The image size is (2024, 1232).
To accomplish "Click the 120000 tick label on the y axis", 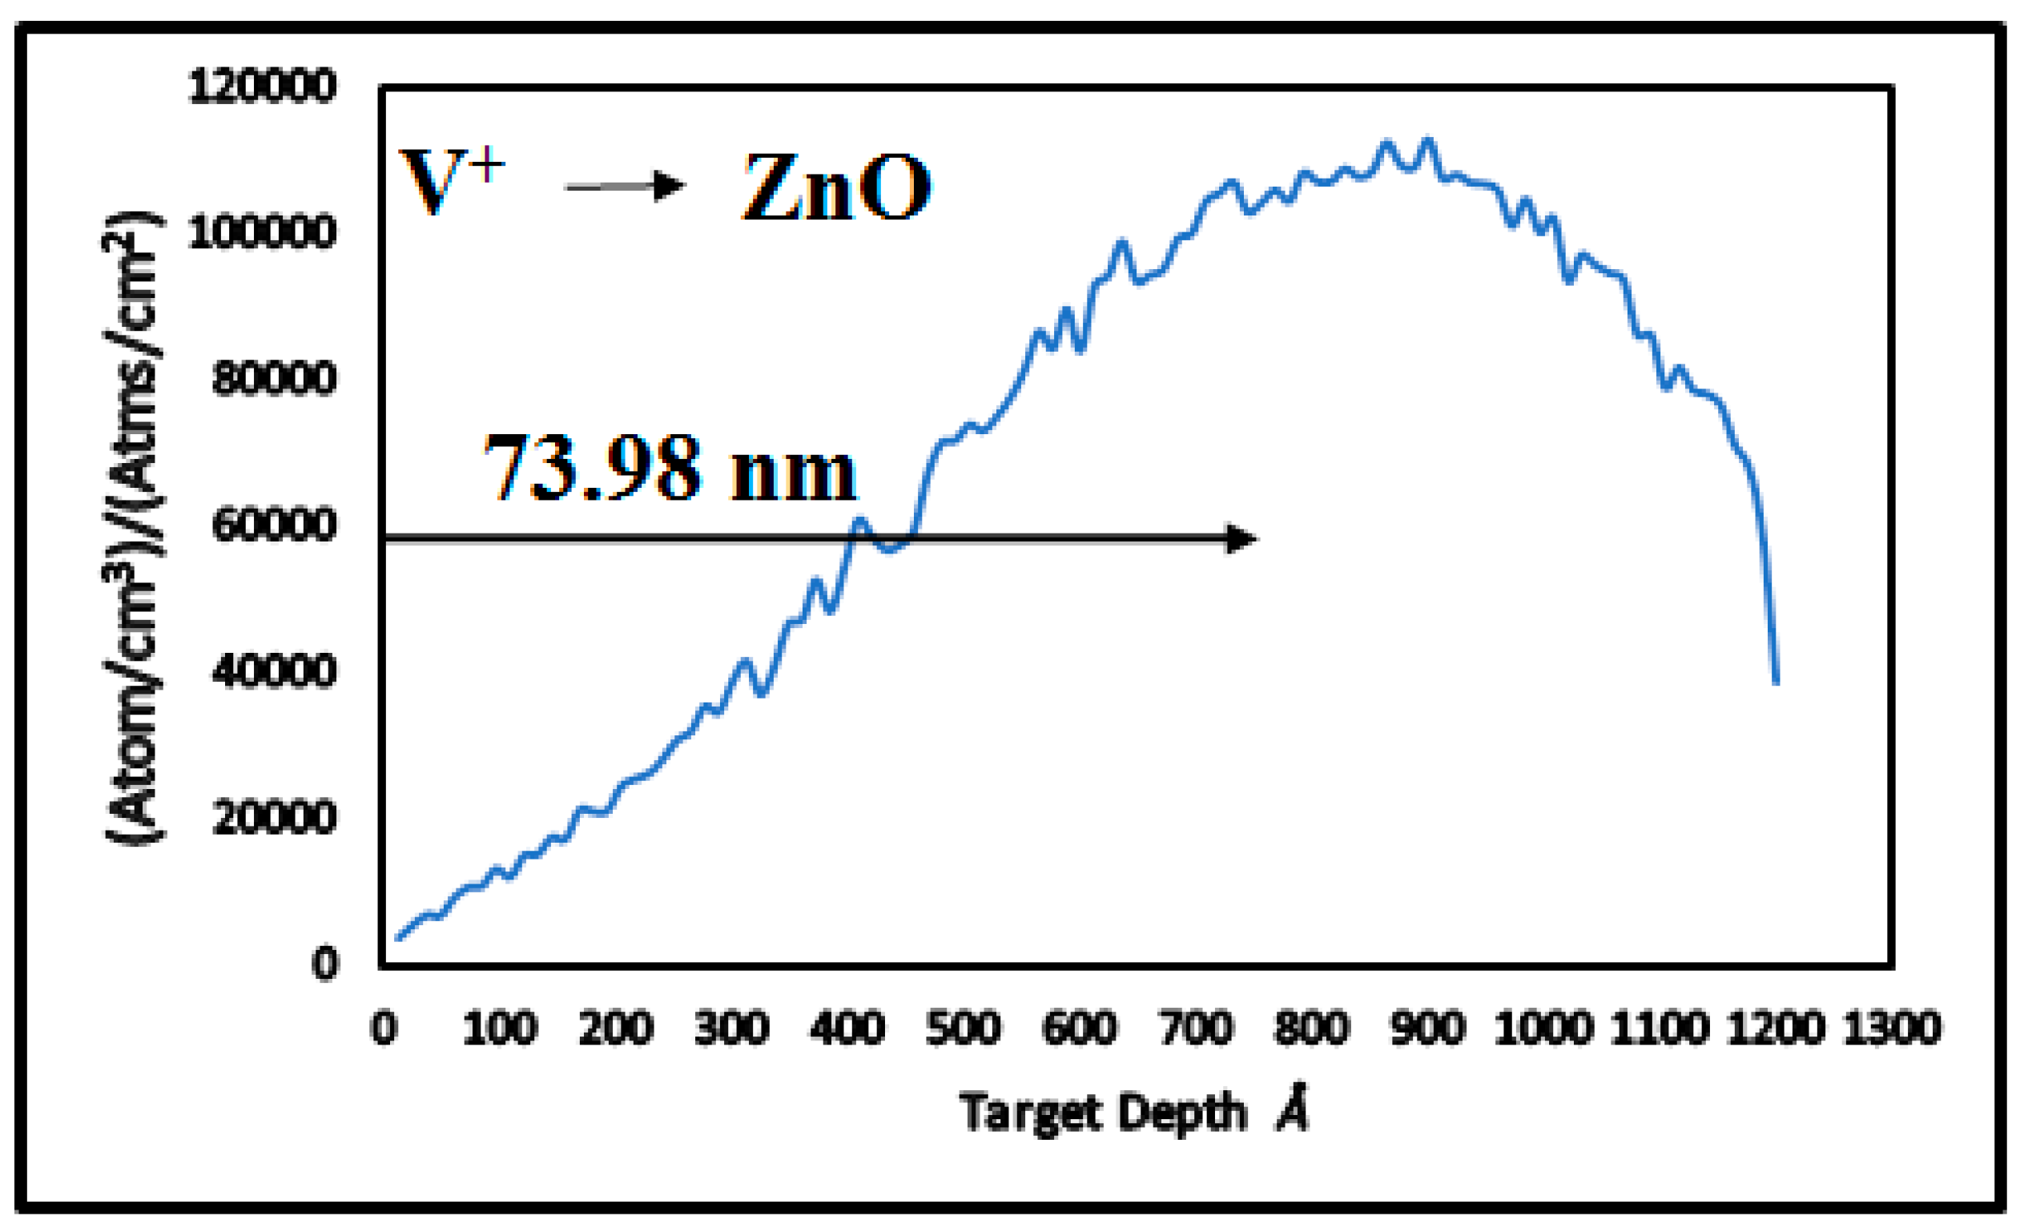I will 262,87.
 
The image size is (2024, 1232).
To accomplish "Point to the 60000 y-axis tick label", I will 274,525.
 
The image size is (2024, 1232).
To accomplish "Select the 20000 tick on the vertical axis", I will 274,817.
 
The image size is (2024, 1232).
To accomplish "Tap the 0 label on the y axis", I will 324,963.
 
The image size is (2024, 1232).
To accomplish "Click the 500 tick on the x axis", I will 963,1029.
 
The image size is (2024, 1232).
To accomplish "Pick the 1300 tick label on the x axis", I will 1892,1029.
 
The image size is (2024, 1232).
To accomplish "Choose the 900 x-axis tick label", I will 1427,1029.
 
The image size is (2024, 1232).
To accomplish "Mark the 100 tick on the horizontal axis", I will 500,1029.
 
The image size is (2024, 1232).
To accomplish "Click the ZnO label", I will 836,188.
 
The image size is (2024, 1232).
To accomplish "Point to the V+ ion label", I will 450,181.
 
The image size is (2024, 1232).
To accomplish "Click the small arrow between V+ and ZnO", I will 624,187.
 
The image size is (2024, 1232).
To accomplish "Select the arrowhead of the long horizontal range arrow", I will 1241,539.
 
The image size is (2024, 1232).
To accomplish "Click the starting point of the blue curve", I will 399,937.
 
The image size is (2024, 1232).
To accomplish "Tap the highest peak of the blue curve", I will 1427,140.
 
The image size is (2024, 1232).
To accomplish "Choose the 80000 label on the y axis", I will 274,380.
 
